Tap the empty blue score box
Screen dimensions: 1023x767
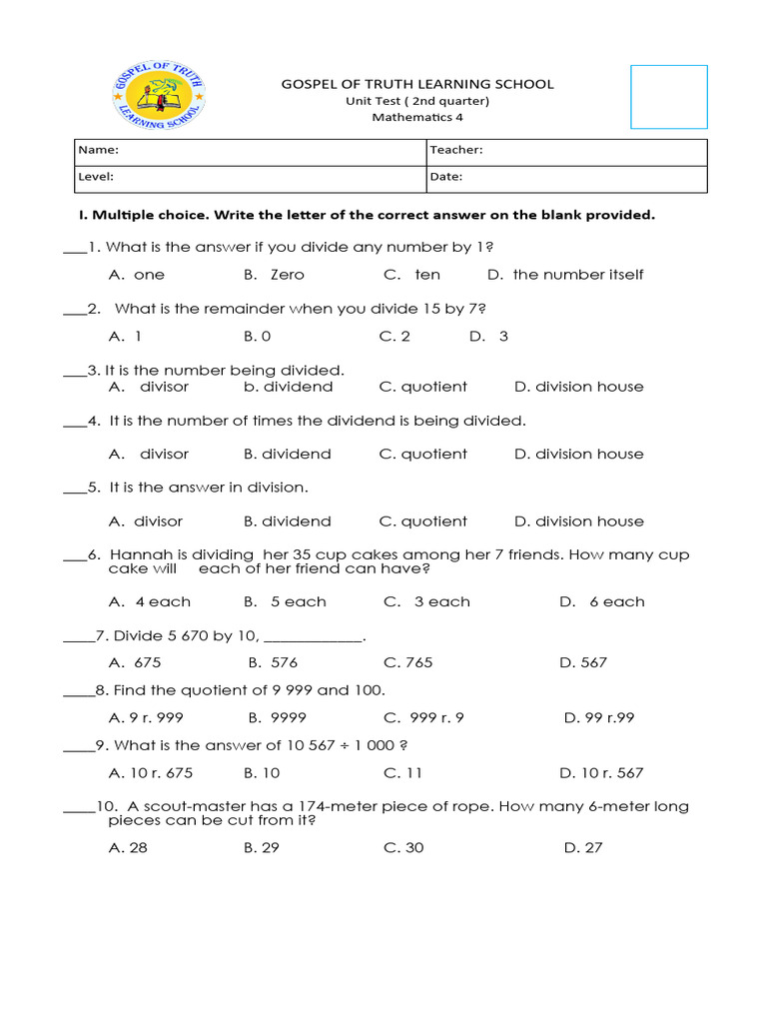point(668,97)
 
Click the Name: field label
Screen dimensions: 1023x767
point(99,150)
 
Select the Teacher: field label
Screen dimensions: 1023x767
point(456,150)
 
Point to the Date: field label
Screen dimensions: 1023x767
point(446,177)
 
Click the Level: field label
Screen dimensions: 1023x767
point(97,177)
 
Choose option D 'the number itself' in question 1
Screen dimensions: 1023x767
point(565,275)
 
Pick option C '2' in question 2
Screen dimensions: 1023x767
point(394,336)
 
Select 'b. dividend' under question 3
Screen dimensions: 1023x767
point(288,387)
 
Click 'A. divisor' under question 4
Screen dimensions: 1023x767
point(149,454)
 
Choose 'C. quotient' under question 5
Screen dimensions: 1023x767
point(424,521)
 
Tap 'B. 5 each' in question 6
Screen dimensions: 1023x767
point(285,602)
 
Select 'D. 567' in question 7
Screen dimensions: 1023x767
point(583,662)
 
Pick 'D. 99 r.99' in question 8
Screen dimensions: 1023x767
point(599,717)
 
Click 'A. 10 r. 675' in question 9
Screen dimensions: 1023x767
point(151,773)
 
